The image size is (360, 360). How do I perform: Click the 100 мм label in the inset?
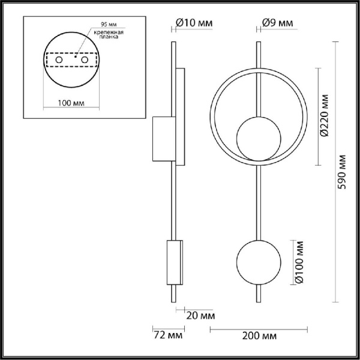[70, 103]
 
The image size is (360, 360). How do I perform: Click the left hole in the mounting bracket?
[59, 61]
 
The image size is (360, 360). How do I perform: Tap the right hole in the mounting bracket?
[85, 61]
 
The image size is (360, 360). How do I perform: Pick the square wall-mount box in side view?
[162, 140]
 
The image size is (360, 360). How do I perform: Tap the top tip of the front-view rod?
[258, 43]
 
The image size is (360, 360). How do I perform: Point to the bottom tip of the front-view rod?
[258, 302]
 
